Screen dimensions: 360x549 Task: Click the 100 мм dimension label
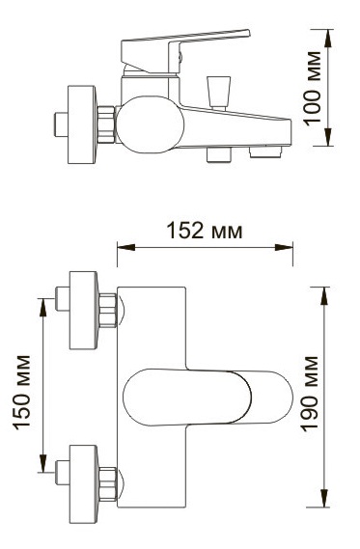click(x=313, y=88)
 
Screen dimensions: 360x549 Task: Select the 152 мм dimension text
click(x=205, y=231)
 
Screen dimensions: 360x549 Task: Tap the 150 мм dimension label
click(x=22, y=392)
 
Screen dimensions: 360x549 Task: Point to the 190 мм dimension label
click(x=310, y=394)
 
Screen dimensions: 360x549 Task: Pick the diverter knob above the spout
click(x=218, y=92)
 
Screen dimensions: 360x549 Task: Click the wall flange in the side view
click(x=82, y=124)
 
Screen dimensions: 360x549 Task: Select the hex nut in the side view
click(x=106, y=124)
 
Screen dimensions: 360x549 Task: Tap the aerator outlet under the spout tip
click(x=265, y=151)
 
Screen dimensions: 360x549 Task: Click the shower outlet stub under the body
click(x=219, y=154)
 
